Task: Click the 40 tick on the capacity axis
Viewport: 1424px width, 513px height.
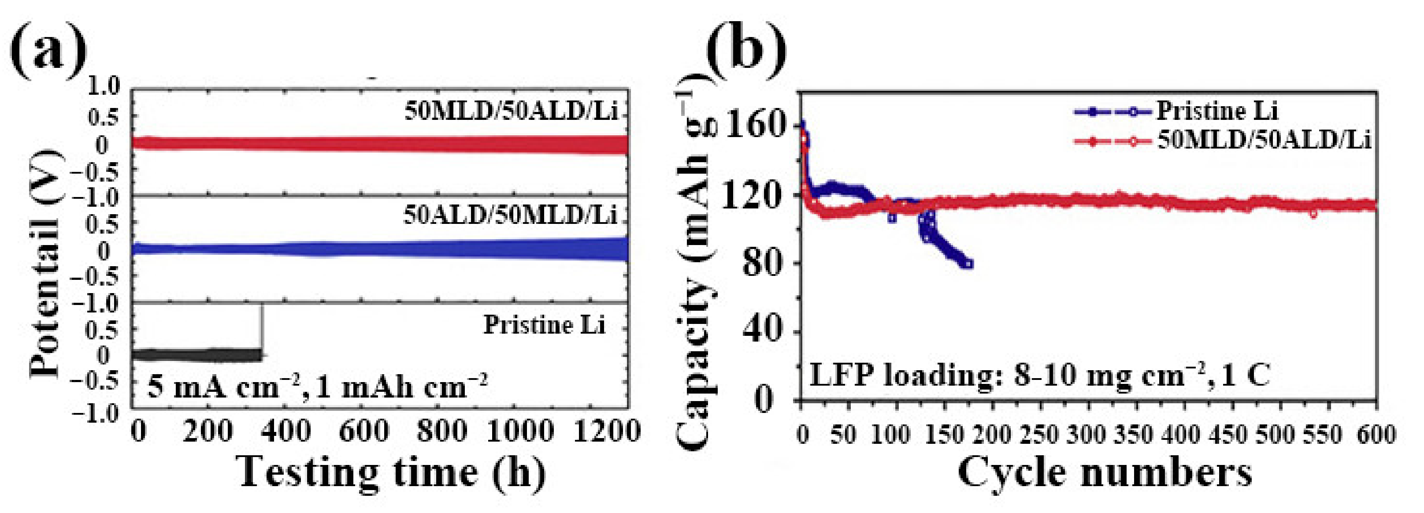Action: coord(770,332)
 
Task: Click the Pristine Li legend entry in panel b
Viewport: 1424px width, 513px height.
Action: coord(1216,111)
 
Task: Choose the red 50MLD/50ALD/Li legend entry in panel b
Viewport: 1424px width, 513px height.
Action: coord(1263,141)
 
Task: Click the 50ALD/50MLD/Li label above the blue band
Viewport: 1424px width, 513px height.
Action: coord(510,215)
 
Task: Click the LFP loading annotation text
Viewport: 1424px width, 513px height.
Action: coord(1039,376)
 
